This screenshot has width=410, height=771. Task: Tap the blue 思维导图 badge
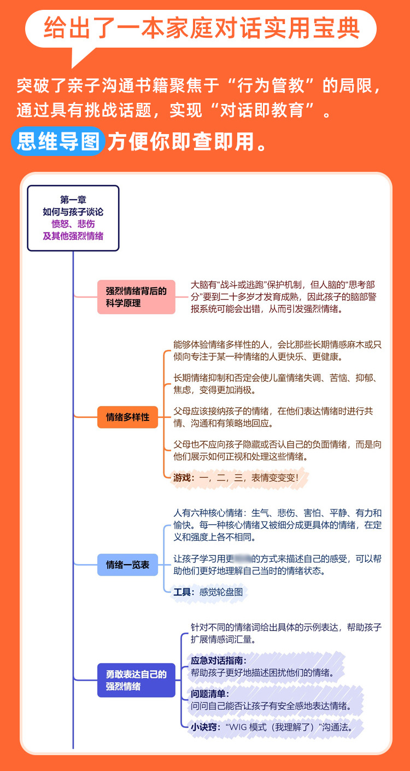[x=58, y=141]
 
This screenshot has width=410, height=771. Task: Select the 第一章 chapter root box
[x=73, y=218]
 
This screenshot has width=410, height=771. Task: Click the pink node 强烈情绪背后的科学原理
[x=136, y=297]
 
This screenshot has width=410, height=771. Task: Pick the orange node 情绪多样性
[x=127, y=417]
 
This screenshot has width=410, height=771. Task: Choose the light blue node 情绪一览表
[x=127, y=564]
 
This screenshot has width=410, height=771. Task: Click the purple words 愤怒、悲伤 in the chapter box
[x=73, y=224]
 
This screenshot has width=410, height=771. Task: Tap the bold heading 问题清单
[x=206, y=694]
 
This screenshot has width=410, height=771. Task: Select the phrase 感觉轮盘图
[x=221, y=592]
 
